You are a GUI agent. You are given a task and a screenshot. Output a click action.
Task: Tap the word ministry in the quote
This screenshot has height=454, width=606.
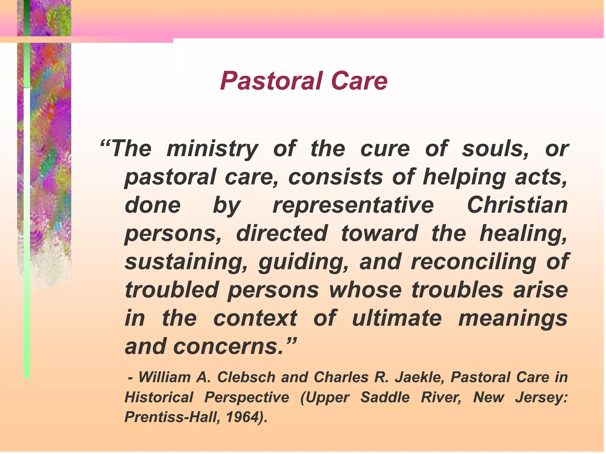(212, 149)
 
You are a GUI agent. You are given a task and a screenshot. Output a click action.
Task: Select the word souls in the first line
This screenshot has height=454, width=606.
(495, 148)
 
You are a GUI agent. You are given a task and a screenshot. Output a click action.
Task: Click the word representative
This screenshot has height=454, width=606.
(353, 205)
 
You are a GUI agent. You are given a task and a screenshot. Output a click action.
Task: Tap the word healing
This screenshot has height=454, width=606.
(523, 234)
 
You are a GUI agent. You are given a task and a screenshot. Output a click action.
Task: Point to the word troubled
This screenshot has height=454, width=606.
(172, 290)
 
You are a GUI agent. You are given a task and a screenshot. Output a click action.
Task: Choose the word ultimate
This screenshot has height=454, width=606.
(397, 318)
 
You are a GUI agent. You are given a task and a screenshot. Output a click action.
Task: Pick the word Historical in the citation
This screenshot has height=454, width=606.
(159, 397)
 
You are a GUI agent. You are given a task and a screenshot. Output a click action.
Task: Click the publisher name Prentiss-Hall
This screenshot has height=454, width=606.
(172, 417)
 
